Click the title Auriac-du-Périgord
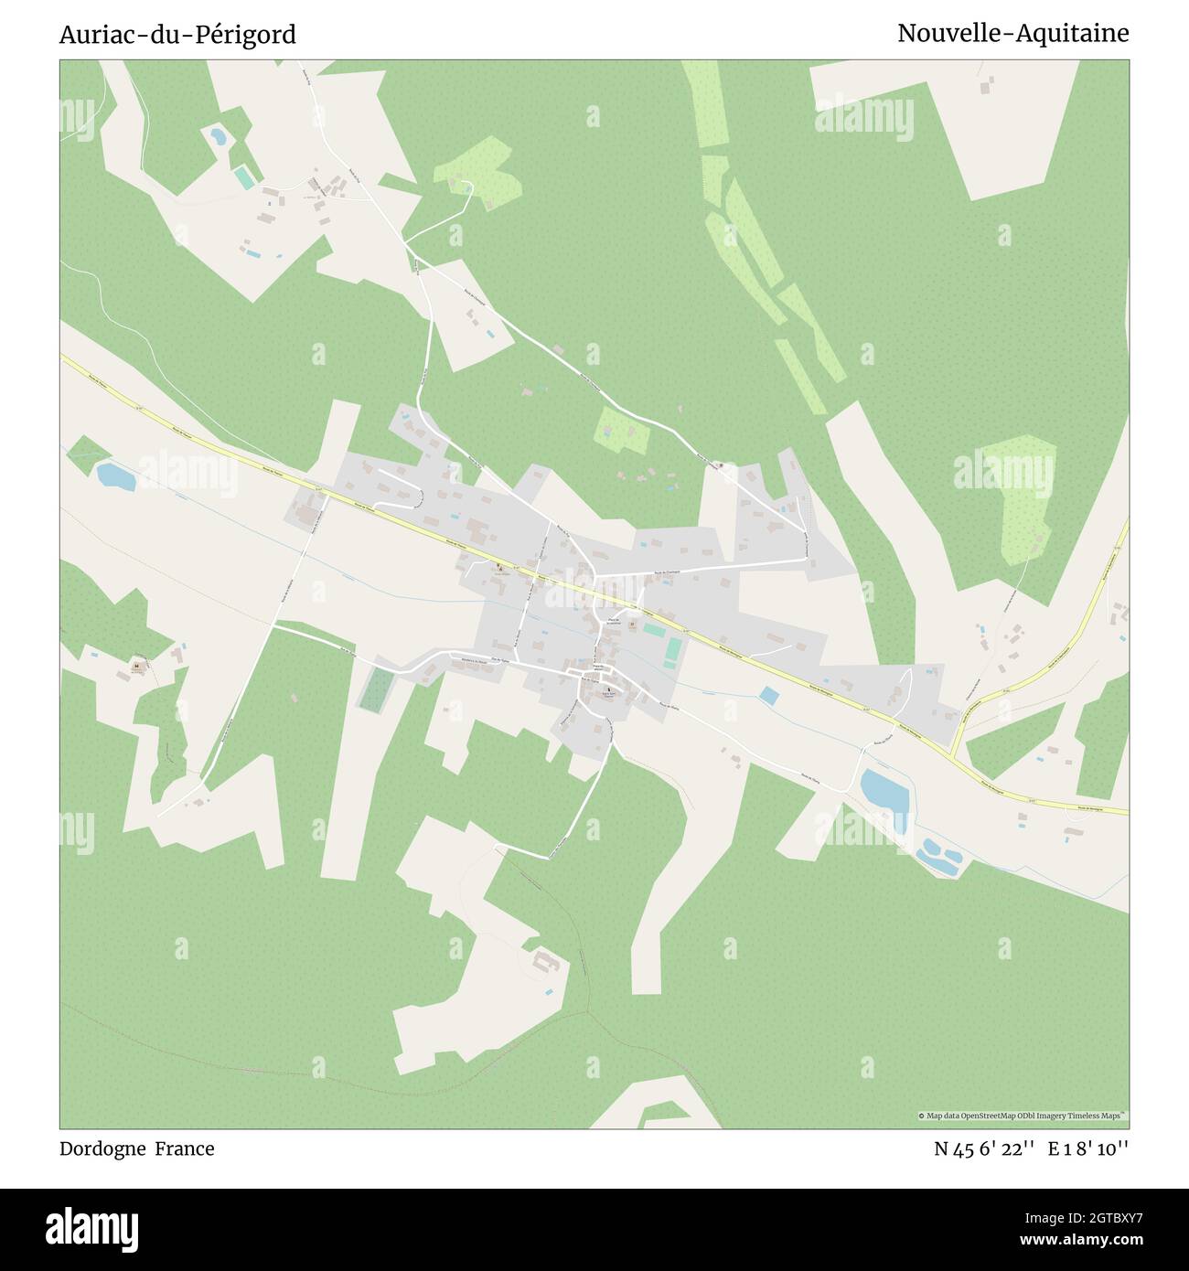[177, 35]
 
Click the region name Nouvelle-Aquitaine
[1012, 33]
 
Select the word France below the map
[184, 1148]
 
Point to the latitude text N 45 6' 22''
[984, 1148]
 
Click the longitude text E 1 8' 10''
[1088, 1148]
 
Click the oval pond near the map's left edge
[116, 476]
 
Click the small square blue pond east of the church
[770, 696]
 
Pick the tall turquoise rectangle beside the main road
[673, 651]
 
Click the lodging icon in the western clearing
[136, 667]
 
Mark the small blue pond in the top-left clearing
[218, 137]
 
